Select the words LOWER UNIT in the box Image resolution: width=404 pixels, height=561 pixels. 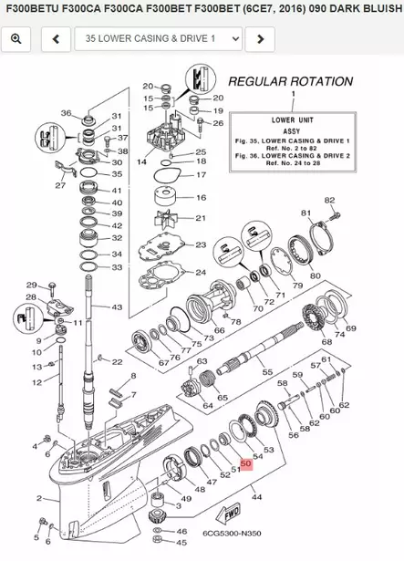(x=294, y=119)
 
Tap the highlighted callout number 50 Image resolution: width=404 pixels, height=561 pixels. (x=245, y=463)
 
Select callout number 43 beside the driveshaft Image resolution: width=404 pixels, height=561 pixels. (x=117, y=307)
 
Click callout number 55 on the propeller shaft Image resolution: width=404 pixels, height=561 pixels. (x=267, y=373)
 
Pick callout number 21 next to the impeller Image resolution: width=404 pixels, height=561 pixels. (x=202, y=218)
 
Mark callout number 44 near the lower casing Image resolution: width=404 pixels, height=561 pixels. (x=257, y=497)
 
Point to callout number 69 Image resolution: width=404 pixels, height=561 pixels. (x=351, y=327)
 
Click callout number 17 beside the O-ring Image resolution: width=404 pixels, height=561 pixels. (x=202, y=174)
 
